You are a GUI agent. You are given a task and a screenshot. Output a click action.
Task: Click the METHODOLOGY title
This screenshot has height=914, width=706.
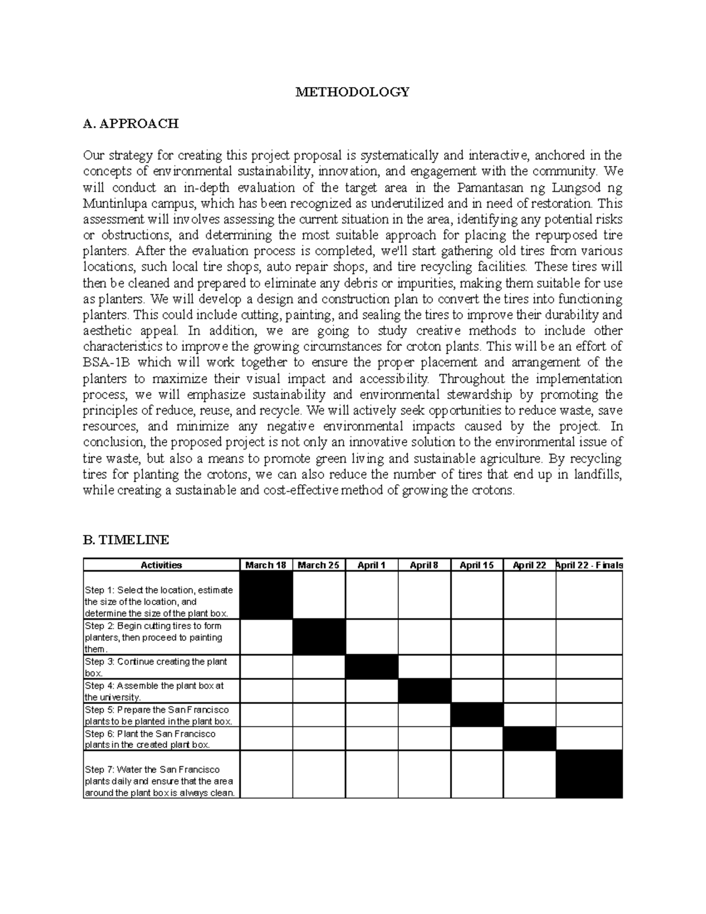(x=352, y=92)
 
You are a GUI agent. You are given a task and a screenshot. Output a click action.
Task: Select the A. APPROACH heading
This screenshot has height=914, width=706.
(x=131, y=124)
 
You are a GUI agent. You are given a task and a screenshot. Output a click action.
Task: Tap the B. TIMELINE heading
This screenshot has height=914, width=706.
(x=126, y=540)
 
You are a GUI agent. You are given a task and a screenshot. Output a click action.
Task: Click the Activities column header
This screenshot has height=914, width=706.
(x=161, y=565)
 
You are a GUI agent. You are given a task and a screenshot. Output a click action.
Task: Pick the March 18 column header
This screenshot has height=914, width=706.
(x=266, y=565)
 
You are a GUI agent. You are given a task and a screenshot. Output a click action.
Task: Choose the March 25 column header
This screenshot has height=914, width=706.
(x=318, y=565)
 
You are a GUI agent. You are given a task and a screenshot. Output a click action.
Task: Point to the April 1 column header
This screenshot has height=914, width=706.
(x=371, y=565)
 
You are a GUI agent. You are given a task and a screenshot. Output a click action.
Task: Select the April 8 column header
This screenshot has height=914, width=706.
(x=424, y=565)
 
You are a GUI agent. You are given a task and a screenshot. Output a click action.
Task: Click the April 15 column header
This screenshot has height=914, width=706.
(x=477, y=565)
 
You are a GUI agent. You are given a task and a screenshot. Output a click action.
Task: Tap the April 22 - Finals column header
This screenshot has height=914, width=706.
(x=589, y=565)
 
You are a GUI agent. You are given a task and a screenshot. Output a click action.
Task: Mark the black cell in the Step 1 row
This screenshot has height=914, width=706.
(x=266, y=595)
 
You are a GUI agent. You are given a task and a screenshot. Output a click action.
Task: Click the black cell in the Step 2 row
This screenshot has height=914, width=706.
(x=319, y=637)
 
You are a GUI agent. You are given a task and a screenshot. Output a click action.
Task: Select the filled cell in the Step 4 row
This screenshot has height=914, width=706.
(x=424, y=691)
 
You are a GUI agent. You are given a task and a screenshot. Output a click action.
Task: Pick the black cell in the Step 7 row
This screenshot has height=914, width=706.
(x=589, y=774)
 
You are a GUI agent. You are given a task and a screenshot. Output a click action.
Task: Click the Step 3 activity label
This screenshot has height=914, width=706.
(x=156, y=667)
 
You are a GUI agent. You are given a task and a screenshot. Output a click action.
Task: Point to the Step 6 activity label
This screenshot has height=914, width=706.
(x=151, y=739)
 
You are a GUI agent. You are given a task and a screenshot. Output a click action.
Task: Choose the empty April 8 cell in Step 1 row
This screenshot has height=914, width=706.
(x=424, y=595)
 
